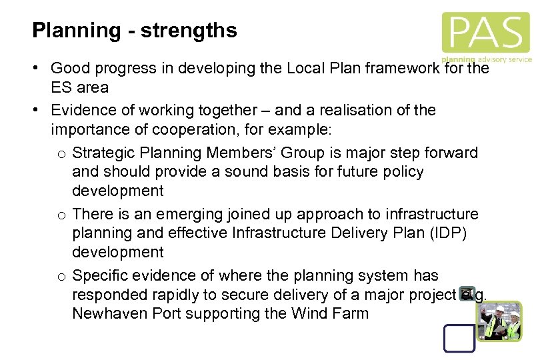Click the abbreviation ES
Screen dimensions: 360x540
(61, 87)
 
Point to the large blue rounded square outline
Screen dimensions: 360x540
(460, 333)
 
